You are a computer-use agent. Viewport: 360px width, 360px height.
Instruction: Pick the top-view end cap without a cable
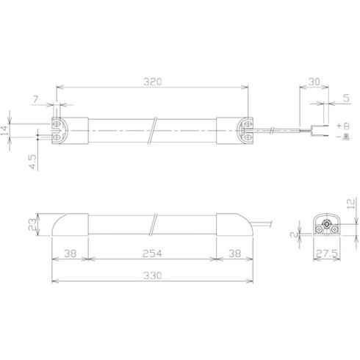point(62,130)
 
